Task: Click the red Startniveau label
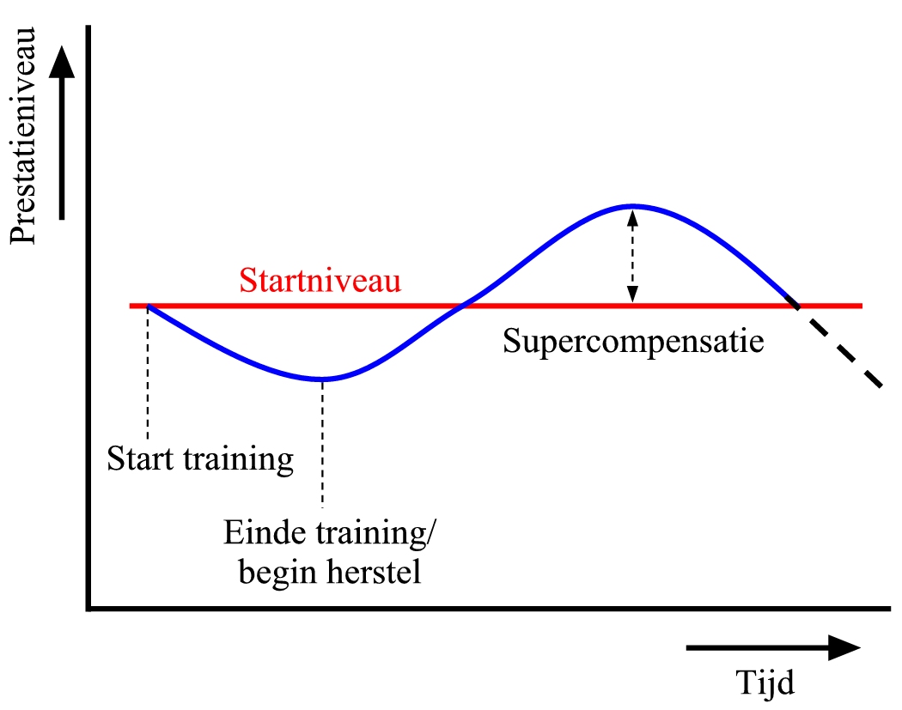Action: pyautogui.click(x=320, y=281)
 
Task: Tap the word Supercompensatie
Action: pyautogui.click(x=633, y=342)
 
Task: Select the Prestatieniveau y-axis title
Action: pyautogui.click(x=23, y=136)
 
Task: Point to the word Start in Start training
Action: pyautogui.click(x=140, y=458)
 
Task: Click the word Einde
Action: pyautogui.click(x=265, y=532)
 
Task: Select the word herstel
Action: pyautogui.click(x=374, y=572)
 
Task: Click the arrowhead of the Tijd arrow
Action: pyautogui.click(x=844, y=648)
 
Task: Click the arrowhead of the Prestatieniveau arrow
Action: pyautogui.click(x=62, y=61)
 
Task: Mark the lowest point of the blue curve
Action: pyautogui.click(x=322, y=379)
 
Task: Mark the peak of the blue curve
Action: pyautogui.click(x=633, y=205)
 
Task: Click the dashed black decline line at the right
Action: pyautogui.click(x=839, y=346)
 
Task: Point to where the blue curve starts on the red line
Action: pyautogui.click(x=149, y=306)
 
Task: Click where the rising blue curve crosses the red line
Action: pyautogui.click(x=462, y=306)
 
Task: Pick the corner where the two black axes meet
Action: pyautogui.click(x=88, y=608)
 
